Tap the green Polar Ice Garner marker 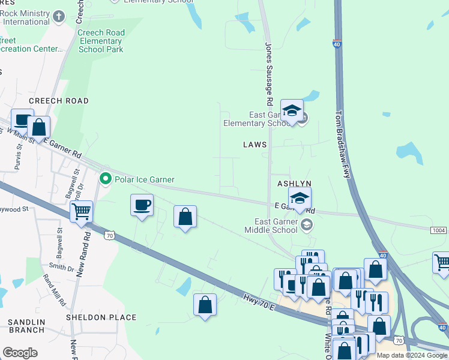point(106,179)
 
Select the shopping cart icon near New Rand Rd point(81,211)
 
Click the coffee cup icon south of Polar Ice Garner point(142,205)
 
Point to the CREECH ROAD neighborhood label point(59,101)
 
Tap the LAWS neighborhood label point(255,145)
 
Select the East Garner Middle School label point(271,225)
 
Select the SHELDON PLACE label point(101,317)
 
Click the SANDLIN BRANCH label point(28,326)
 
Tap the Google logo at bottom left point(20,353)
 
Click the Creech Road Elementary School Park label point(101,41)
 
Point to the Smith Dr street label point(62,266)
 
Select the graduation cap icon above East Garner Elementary point(292,110)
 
